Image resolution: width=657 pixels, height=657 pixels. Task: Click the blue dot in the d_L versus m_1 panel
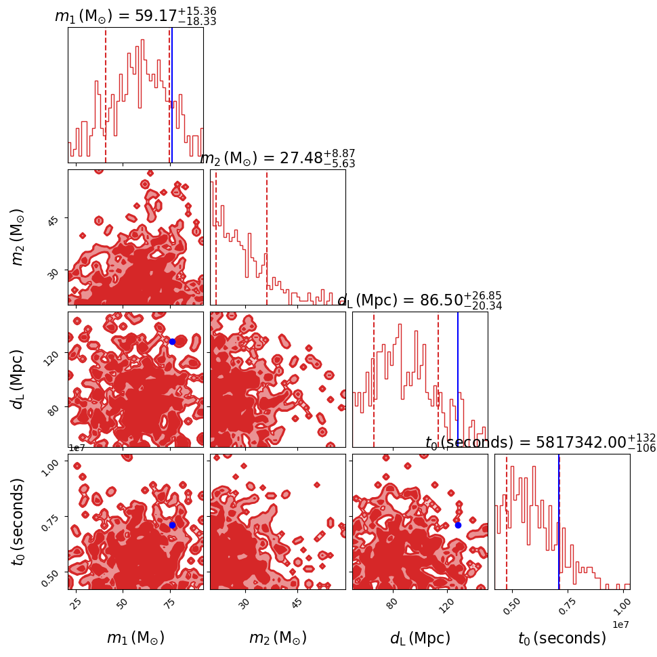click(x=172, y=341)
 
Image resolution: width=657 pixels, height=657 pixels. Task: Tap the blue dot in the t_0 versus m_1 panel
click(x=172, y=525)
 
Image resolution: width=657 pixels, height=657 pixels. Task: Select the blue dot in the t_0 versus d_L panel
click(x=458, y=525)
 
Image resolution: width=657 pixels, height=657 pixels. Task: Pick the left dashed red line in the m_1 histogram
click(x=106, y=95)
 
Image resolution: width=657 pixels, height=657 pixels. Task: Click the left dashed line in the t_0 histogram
click(x=507, y=522)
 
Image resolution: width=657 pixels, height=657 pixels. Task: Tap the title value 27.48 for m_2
click(x=298, y=158)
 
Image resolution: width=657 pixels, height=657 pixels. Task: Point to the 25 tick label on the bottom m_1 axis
click(x=76, y=602)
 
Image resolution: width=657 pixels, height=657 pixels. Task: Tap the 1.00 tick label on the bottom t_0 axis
click(x=622, y=603)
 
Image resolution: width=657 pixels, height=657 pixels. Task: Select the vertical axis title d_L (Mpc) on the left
click(x=18, y=379)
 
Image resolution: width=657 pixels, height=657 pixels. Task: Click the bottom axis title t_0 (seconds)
click(x=562, y=638)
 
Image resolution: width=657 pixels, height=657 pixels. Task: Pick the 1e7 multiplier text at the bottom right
click(x=620, y=623)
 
